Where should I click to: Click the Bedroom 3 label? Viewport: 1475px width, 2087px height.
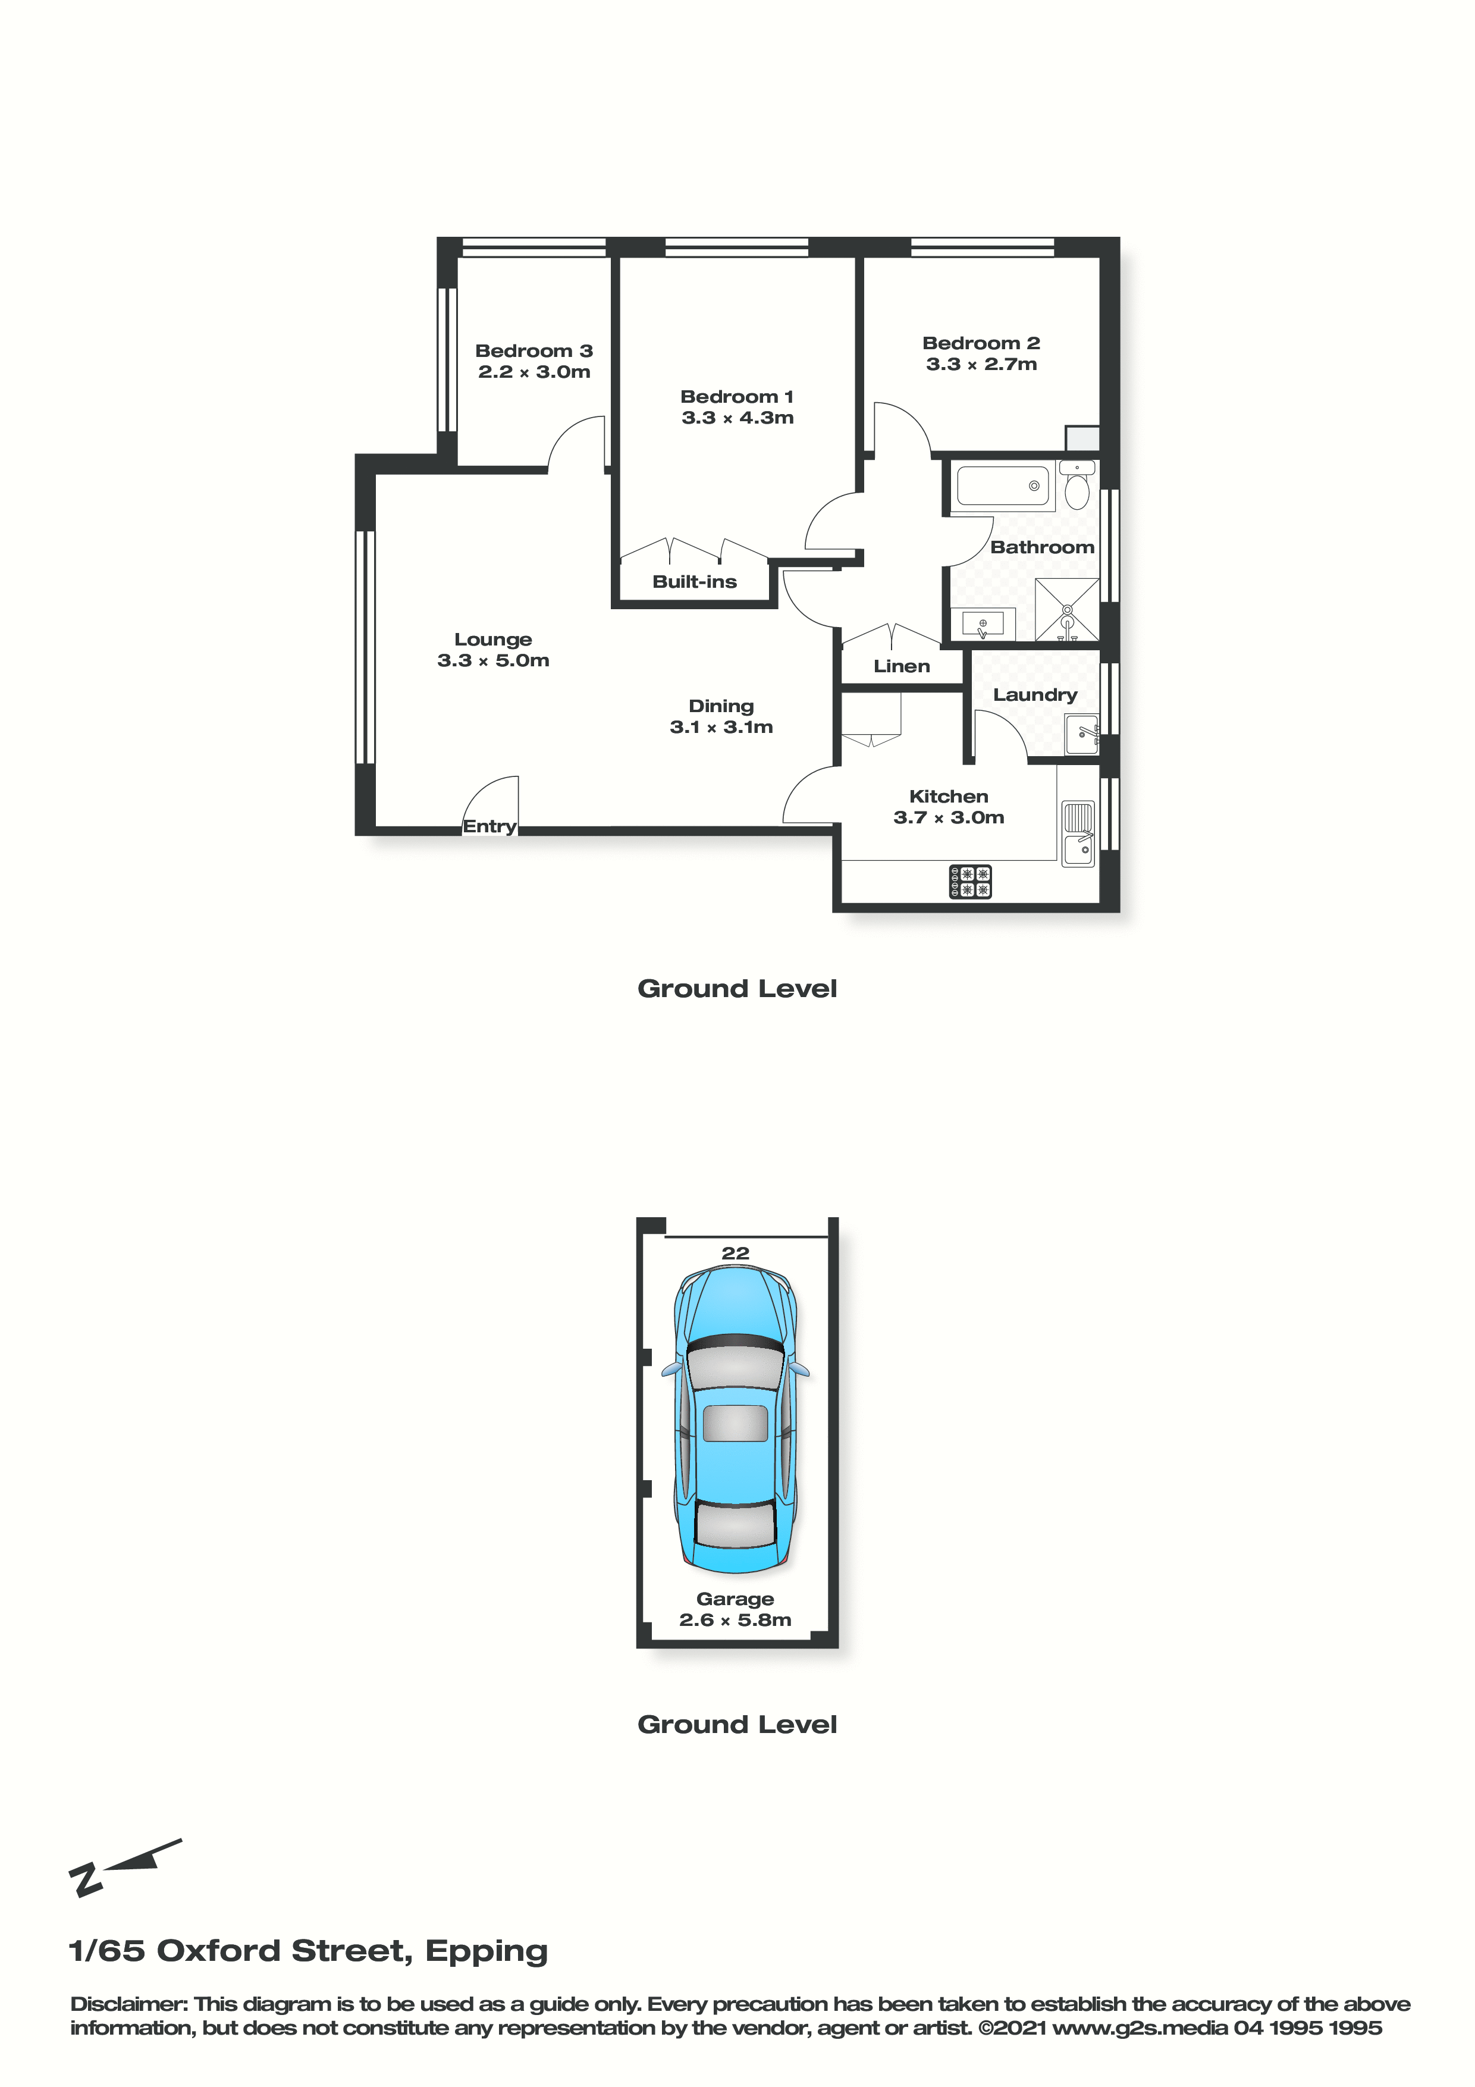point(533,351)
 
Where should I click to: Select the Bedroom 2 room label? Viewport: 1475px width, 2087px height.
point(981,343)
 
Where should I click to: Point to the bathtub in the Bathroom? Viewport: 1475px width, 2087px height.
point(1002,486)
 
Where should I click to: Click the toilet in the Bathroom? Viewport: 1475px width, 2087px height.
point(1077,485)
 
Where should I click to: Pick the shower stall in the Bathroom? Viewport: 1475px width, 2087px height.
point(1068,609)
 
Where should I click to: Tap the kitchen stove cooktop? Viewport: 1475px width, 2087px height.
point(971,882)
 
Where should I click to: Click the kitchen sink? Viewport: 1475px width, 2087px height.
point(1079,833)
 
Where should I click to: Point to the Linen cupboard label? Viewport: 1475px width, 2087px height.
point(902,666)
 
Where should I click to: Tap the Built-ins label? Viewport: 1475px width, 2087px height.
point(694,582)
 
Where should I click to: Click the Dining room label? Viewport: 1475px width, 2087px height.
point(721,706)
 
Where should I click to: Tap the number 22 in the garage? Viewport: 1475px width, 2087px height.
point(735,1254)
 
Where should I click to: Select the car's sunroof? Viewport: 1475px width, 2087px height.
point(735,1422)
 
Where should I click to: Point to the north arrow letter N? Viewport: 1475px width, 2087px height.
point(86,1880)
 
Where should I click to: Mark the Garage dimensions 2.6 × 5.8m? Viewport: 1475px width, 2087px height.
point(735,1620)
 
